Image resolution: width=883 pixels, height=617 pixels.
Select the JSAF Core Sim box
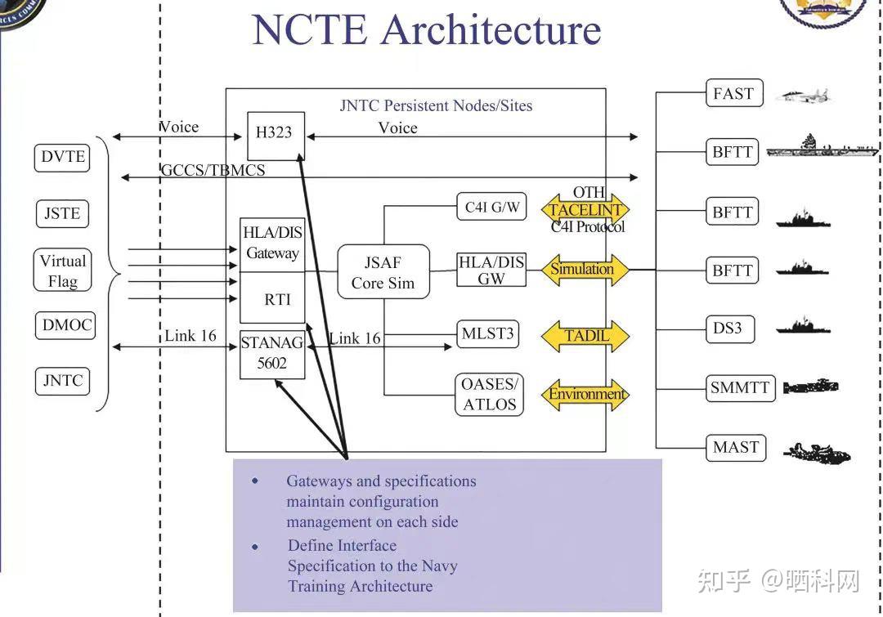383,273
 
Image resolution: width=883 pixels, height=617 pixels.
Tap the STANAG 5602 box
272,354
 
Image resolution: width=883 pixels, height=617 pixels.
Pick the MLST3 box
488,334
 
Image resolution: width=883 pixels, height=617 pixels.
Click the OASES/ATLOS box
490,394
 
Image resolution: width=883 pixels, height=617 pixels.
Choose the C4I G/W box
492,207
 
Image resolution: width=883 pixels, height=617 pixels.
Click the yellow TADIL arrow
585,336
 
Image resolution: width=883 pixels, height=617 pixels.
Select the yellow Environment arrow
586,395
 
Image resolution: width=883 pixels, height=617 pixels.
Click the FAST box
733,93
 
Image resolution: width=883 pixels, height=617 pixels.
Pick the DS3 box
728,329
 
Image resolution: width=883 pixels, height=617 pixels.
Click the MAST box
736,447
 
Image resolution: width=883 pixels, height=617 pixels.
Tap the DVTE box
63,157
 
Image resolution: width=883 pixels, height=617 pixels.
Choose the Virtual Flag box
63,271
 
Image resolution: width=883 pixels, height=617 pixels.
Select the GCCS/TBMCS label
213,170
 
